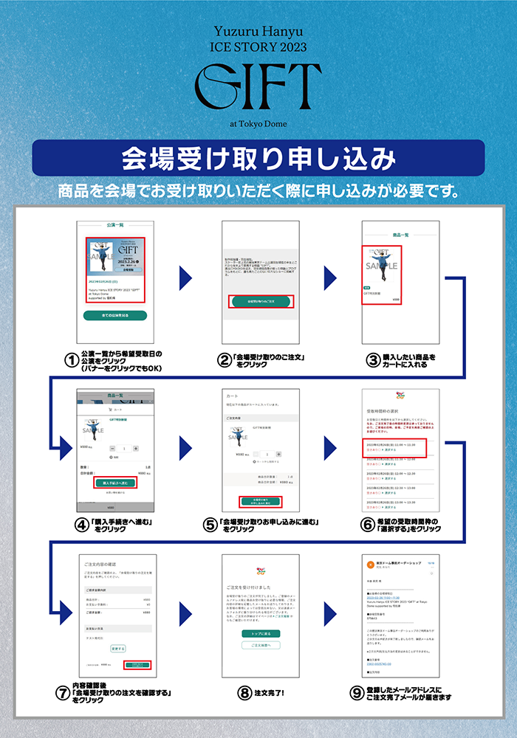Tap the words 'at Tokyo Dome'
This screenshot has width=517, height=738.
258,123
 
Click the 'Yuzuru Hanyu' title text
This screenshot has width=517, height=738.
258,32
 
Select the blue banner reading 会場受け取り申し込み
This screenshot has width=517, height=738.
258,158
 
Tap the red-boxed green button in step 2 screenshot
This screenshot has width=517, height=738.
261,301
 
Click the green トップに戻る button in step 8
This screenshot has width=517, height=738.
261,633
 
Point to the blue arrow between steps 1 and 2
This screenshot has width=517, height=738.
185,279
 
